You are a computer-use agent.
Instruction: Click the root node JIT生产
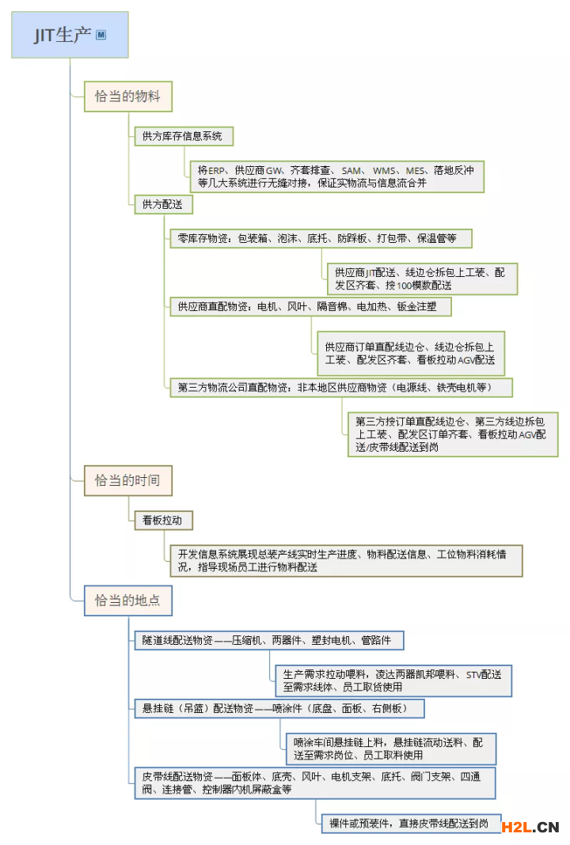coord(70,35)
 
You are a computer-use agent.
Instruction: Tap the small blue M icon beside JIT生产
coord(101,35)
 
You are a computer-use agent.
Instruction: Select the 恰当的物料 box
coord(127,97)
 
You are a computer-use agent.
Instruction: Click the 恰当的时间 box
coord(127,480)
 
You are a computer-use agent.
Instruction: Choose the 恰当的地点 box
coord(127,601)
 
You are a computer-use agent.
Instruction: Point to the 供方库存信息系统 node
coord(184,136)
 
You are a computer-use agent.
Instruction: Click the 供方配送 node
coord(163,204)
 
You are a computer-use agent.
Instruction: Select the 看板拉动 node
coord(163,520)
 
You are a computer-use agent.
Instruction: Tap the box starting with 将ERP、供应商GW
coord(337,176)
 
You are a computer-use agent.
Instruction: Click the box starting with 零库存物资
coord(321,238)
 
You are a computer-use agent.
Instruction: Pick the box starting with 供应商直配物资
coord(310,307)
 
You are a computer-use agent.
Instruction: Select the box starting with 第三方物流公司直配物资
coord(341,388)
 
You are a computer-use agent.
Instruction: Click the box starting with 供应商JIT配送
coord(422,279)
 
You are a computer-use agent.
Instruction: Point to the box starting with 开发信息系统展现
coord(346,560)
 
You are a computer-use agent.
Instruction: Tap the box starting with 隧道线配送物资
coord(269,640)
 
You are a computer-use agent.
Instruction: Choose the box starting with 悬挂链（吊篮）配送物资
coord(279,708)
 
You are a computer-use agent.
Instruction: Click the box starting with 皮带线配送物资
coord(315,783)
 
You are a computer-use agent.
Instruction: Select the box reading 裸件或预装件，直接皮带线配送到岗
coord(412,824)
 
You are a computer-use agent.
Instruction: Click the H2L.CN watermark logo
coord(530,828)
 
